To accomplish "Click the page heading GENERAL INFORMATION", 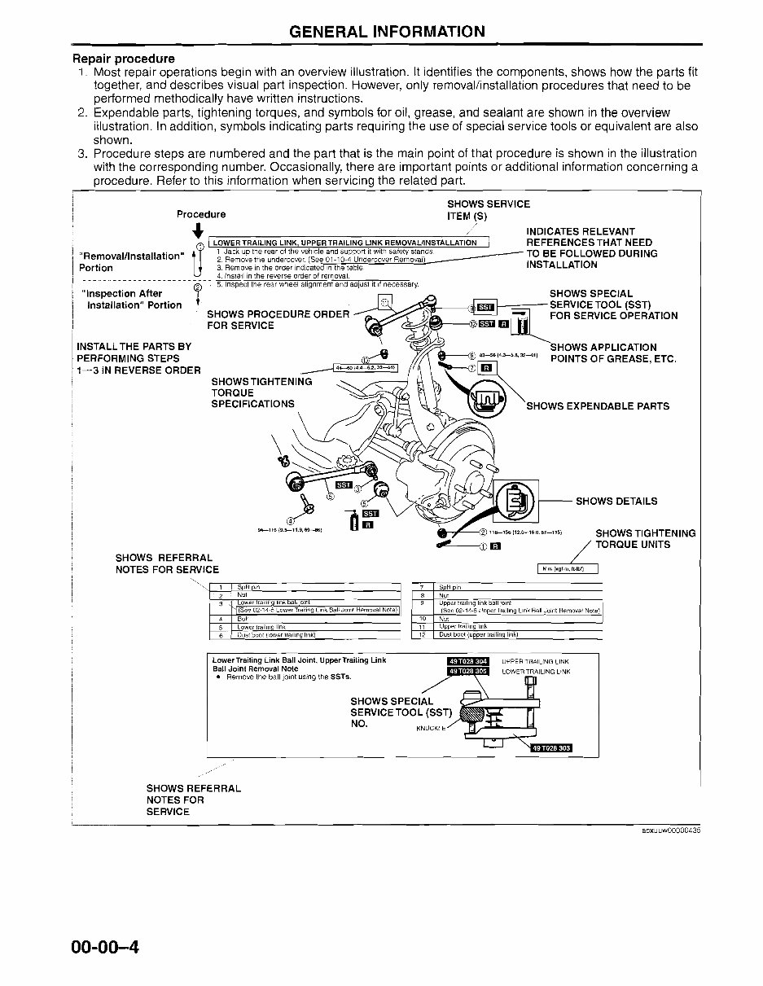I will tap(387, 32).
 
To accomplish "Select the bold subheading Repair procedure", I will tap(124, 59).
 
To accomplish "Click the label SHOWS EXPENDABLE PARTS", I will tap(598, 406).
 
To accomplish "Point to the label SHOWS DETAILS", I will tap(616, 502).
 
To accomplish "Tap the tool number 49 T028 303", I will tap(551, 747).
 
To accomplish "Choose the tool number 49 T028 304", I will tap(467, 660).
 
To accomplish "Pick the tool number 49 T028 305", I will tap(467, 672).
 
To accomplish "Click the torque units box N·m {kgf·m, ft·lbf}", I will tap(568, 568).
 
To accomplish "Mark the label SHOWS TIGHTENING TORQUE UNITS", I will tap(646, 539).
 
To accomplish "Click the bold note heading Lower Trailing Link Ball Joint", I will tap(298, 660).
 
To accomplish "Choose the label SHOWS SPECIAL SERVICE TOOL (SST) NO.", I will tap(391, 712).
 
